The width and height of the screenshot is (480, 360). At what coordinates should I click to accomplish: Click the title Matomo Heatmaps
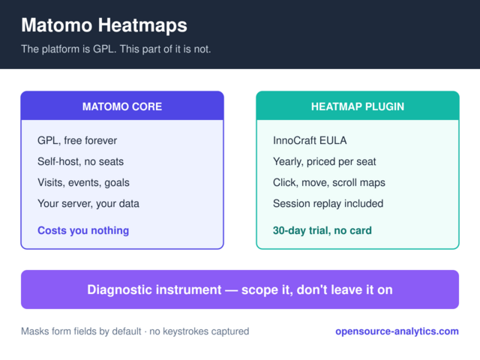pyautogui.click(x=104, y=25)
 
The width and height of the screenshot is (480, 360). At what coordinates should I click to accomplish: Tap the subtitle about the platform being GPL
pyautogui.click(x=116, y=49)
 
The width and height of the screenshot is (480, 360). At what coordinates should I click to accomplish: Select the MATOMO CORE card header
pyautogui.click(x=122, y=106)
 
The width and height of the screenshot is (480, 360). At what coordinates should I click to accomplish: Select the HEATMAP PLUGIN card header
pyautogui.click(x=358, y=106)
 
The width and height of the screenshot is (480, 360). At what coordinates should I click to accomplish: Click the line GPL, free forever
pyautogui.click(x=77, y=140)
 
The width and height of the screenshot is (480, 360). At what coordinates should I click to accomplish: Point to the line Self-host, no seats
pyautogui.click(x=80, y=161)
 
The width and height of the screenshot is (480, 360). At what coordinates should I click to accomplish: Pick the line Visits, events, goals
pyautogui.click(x=83, y=182)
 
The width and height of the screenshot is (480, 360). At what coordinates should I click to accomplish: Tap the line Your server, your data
pyautogui.click(x=88, y=203)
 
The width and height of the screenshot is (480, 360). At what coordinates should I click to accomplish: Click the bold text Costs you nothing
pyautogui.click(x=83, y=230)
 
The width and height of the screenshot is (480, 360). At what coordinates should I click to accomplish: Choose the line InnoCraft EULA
pyautogui.click(x=310, y=140)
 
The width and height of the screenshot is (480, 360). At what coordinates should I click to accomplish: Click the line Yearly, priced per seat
pyautogui.click(x=325, y=161)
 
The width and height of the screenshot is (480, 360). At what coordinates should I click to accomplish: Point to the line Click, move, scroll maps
pyautogui.click(x=329, y=182)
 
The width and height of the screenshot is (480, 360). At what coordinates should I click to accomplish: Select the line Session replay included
pyautogui.click(x=328, y=203)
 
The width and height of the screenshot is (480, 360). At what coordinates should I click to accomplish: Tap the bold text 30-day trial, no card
pyautogui.click(x=322, y=230)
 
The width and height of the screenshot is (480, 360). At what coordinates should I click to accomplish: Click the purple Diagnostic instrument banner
pyautogui.click(x=240, y=289)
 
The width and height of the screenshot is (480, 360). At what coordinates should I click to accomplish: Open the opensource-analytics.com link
pyautogui.click(x=397, y=331)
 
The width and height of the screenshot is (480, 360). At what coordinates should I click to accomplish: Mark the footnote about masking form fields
pyautogui.click(x=135, y=331)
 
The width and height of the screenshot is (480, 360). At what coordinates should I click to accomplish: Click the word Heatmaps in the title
pyautogui.click(x=142, y=25)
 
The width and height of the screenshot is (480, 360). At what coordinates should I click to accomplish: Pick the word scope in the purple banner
pyautogui.click(x=260, y=290)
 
